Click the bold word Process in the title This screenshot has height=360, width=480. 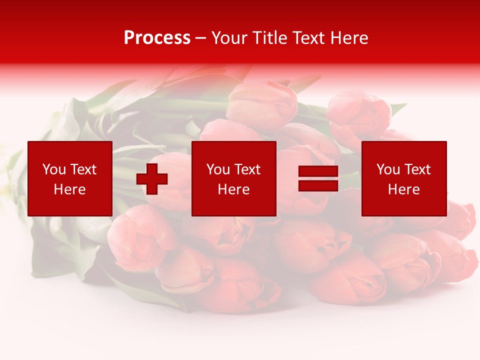click(157, 38)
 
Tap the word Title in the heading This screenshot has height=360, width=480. click(270, 38)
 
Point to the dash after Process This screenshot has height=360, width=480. click(200, 38)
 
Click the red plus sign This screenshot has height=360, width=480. click(152, 179)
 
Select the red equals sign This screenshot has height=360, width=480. click(318, 178)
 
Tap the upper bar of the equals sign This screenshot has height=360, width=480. click(318, 171)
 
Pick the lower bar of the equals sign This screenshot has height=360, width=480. click(318, 185)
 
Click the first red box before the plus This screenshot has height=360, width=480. click(70, 178)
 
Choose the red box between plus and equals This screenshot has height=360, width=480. click(233, 178)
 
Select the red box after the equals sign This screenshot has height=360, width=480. click(404, 178)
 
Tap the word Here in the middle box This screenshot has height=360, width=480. click(233, 189)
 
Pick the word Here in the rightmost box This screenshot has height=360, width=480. click(403, 189)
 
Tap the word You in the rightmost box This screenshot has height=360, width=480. click(388, 169)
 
